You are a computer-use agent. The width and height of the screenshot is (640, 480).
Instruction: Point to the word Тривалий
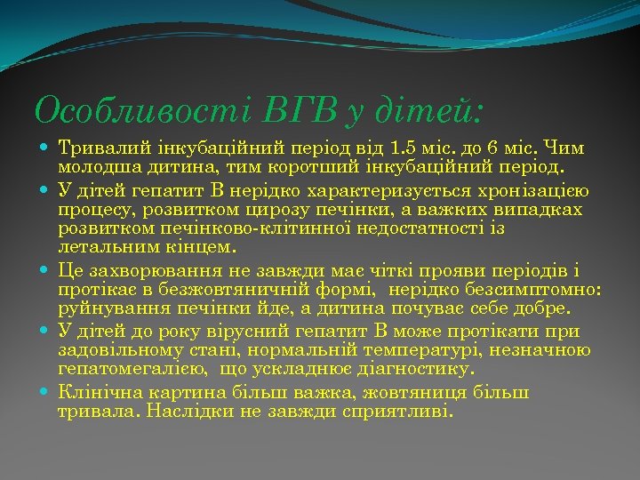pos(98,148)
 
